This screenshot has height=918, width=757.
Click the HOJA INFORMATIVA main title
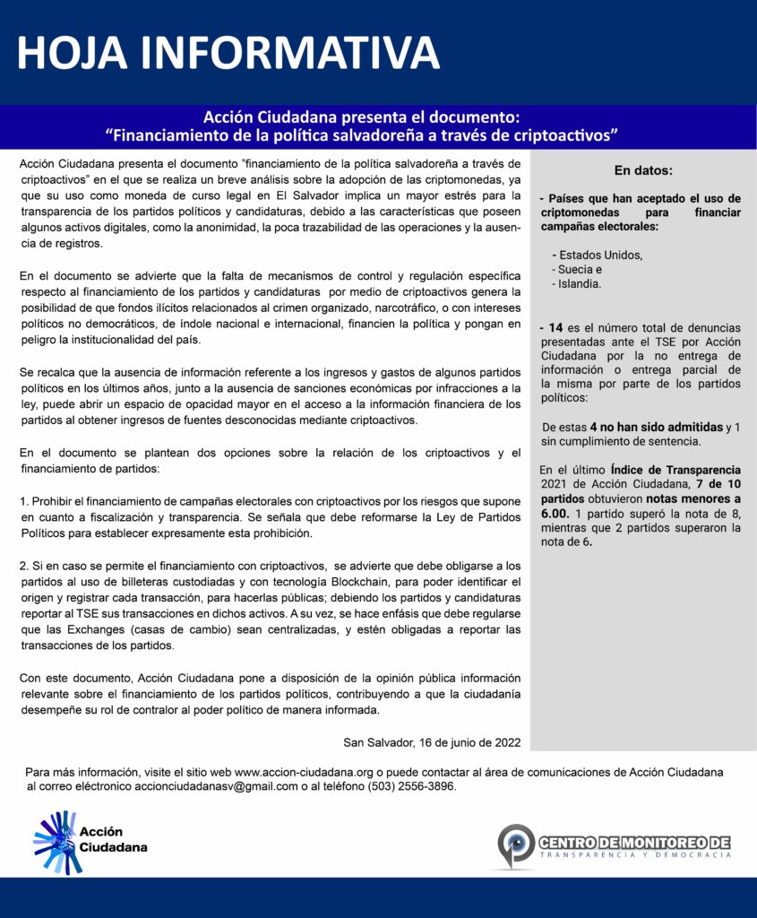tap(228, 54)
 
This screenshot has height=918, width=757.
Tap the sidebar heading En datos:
tap(642, 170)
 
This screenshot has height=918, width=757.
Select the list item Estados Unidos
tap(599, 255)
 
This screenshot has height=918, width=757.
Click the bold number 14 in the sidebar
tap(555, 327)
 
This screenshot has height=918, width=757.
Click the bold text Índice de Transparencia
tap(675, 470)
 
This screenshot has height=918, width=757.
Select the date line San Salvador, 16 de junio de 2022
tap(432, 742)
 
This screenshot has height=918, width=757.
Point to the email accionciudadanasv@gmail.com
tap(216, 786)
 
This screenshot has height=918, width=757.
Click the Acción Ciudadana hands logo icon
tap(55, 842)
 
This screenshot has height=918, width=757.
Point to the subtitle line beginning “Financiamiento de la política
tap(363, 136)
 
